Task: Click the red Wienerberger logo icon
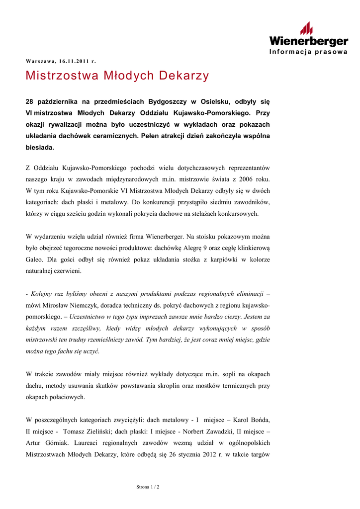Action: (x=307, y=28)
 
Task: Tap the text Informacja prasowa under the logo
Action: (x=308, y=52)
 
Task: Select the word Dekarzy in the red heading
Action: (x=184, y=76)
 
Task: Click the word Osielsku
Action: (x=210, y=101)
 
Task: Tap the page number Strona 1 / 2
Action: (x=148, y=487)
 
